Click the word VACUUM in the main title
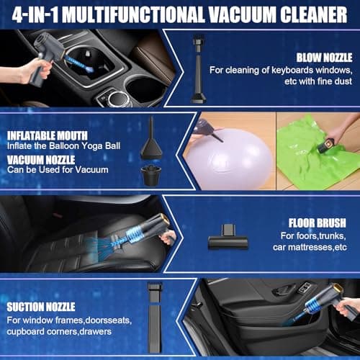coord(241,14)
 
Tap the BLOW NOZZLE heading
coord(324,58)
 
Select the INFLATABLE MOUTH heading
coord(48,135)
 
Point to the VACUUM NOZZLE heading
coord(41,160)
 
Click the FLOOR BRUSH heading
coord(318,223)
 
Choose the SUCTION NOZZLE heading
coord(41,307)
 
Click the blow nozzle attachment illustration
coord(198,69)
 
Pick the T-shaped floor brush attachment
coord(228,237)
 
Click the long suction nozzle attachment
coord(154,317)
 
